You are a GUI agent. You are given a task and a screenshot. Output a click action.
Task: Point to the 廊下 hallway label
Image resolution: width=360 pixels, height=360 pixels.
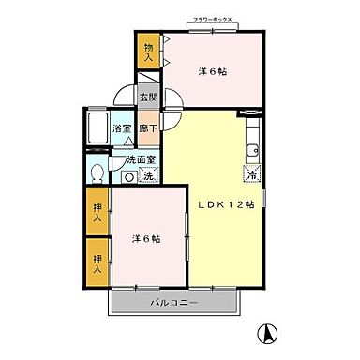(x=148, y=128)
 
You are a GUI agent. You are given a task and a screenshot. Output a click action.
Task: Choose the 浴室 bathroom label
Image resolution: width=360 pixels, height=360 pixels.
(x=122, y=128)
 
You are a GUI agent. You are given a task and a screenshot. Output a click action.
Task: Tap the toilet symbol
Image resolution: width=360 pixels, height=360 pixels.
(x=97, y=173)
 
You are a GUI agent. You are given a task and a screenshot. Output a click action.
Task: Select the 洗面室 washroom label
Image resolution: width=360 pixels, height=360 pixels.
(x=141, y=160)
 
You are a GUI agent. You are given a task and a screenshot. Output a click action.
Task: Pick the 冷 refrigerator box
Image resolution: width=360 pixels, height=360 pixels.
(x=252, y=172)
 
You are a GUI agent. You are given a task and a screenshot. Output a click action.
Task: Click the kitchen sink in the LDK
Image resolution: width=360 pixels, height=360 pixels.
(x=250, y=150)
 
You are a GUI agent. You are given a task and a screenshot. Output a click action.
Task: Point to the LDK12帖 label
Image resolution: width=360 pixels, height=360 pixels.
(x=224, y=206)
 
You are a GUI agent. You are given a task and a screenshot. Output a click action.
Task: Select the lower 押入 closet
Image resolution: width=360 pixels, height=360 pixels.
(x=97, y=260)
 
